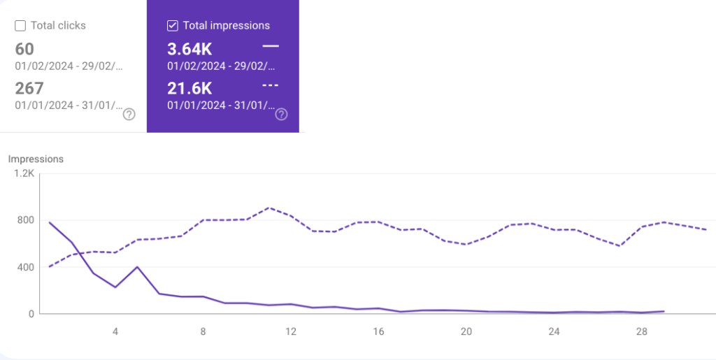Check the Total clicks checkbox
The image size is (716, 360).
[20, 26]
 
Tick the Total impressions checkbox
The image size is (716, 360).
[173, 26]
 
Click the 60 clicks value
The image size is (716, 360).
[24, 49]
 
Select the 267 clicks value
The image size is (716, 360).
[29, 88]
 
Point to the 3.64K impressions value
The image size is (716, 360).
[190, 49]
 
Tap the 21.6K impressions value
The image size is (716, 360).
[190, 88]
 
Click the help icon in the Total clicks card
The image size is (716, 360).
[129, 115]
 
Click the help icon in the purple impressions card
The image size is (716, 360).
[281, 115]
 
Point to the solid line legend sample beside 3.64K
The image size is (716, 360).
[270, 46]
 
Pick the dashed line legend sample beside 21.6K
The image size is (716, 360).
[270, 85]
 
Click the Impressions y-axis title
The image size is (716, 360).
[36, 159]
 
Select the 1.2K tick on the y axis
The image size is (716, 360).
[24, 173]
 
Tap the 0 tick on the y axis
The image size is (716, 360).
[31, 314]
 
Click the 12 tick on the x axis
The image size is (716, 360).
[291, 331]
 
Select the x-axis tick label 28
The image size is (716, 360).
[642, 331]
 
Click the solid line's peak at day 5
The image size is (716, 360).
[138, 267]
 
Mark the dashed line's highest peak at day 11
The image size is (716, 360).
[269, 208]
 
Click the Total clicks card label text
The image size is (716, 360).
[58, 26]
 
